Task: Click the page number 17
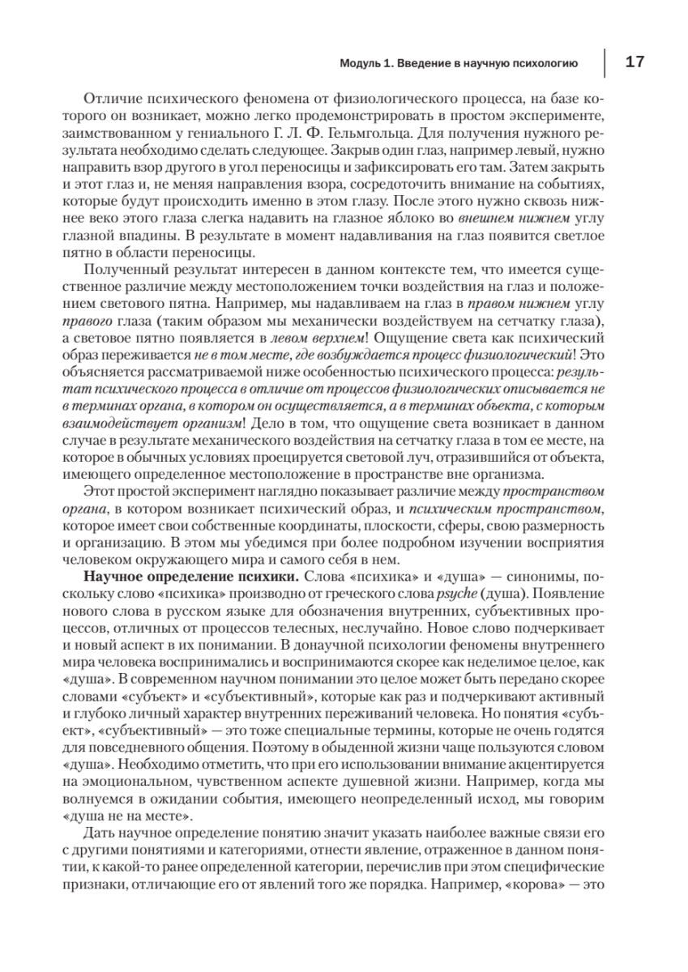[x=635, y=62]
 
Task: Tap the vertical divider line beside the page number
[x=605, y=62]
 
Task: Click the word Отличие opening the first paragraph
[x=110, y=98]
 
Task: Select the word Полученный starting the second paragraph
[x=120, y=269]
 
